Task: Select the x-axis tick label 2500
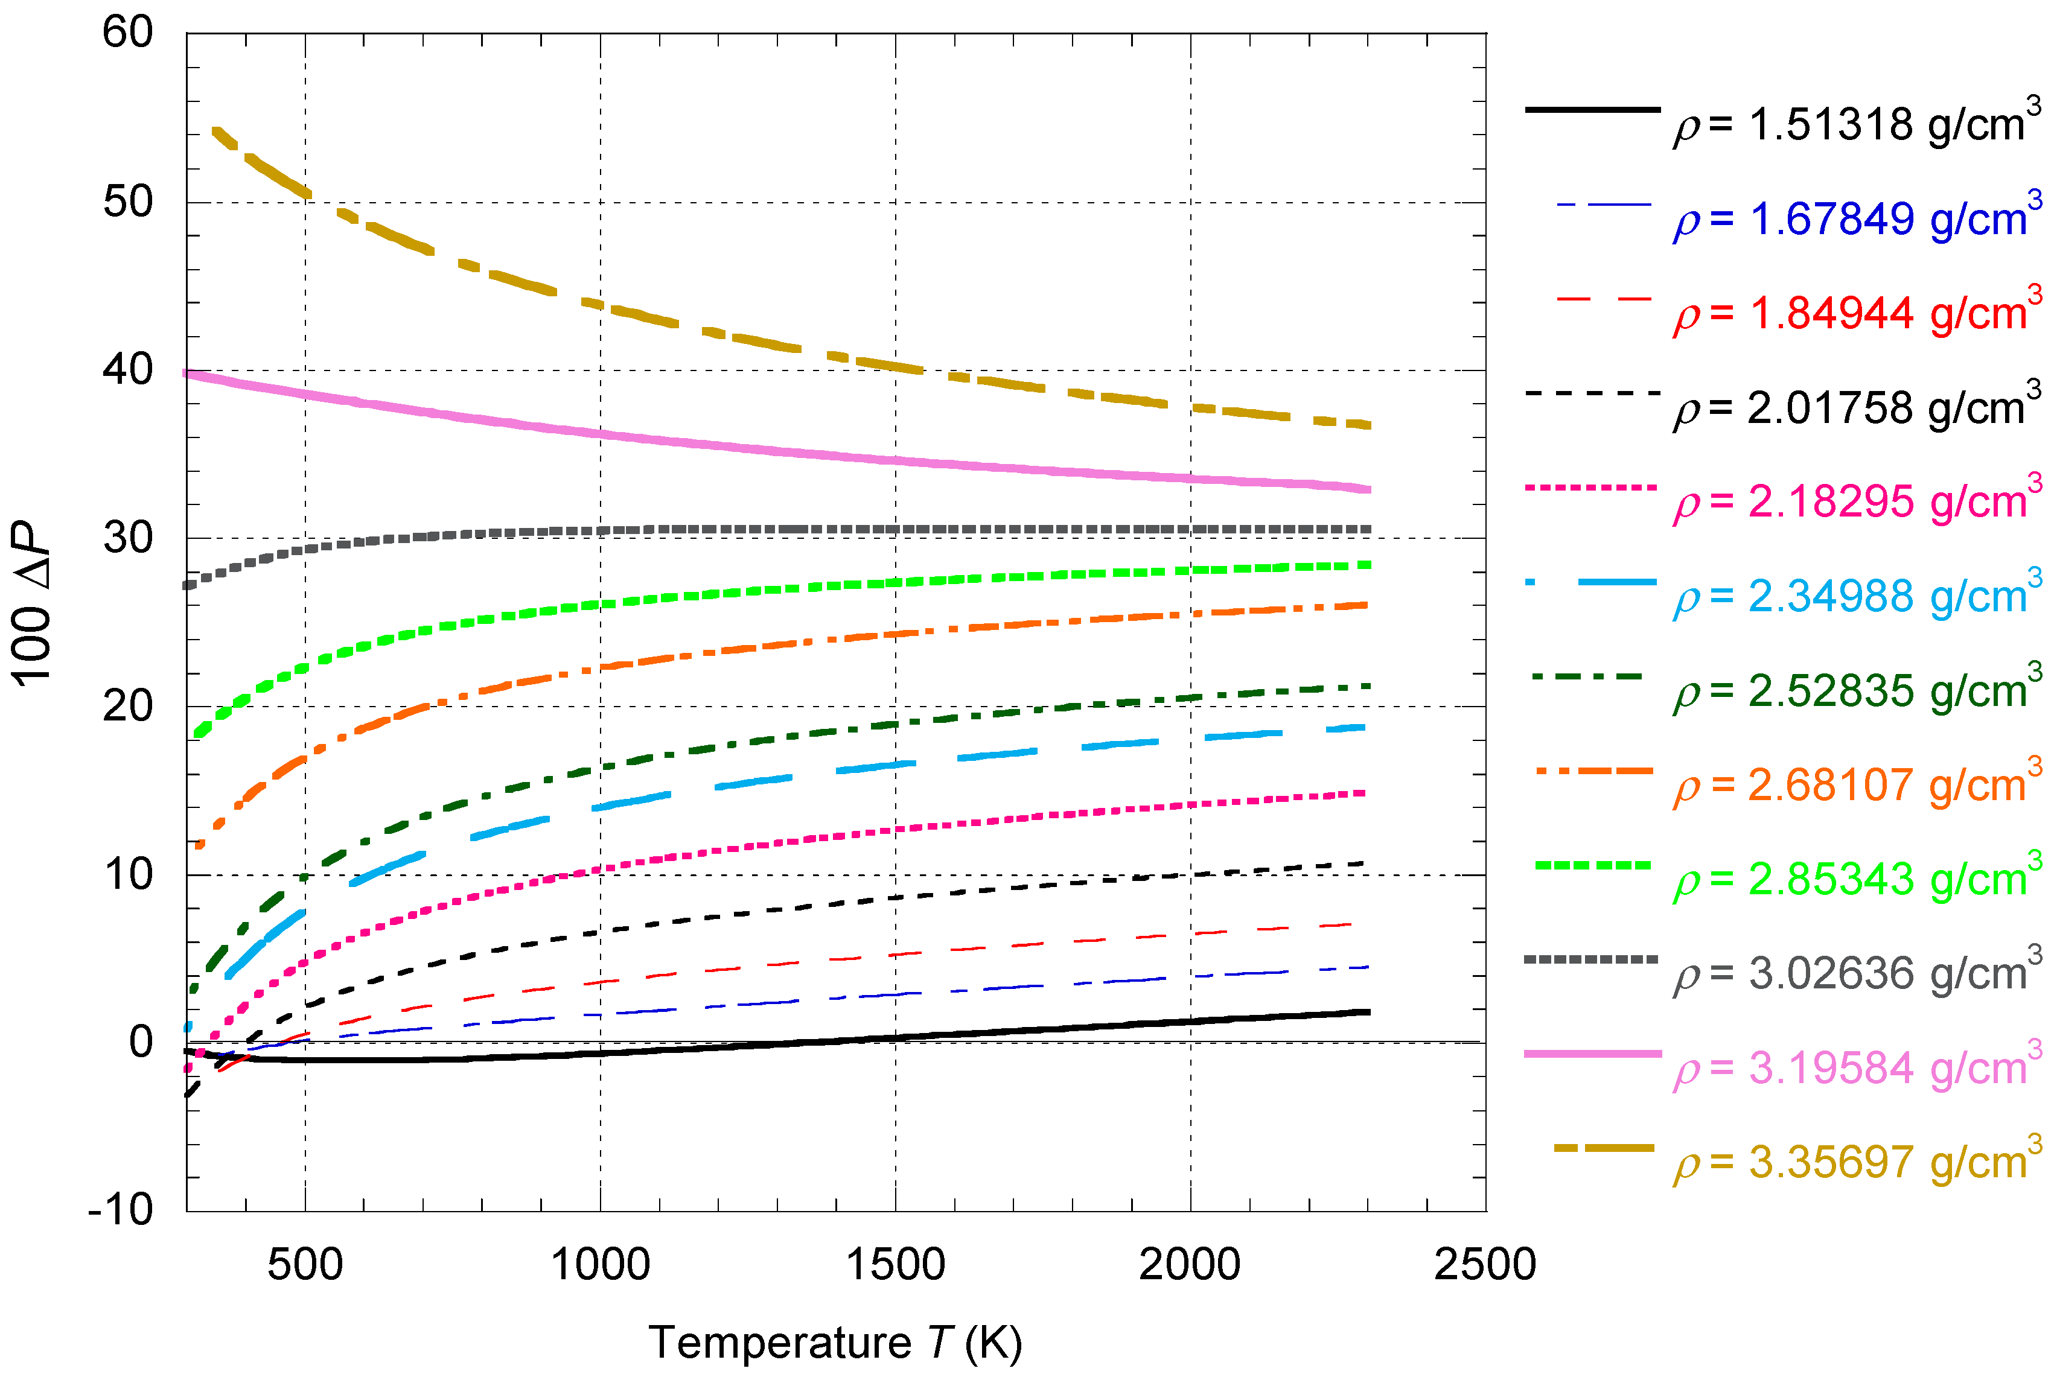click(1485, 1265)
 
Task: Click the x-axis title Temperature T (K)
click(835, 1343)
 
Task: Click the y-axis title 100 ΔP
click(33, 604)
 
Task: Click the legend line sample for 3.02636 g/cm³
click(1591, 959)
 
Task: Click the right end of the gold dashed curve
click(1368, 425)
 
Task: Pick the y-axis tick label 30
click(128, 538)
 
